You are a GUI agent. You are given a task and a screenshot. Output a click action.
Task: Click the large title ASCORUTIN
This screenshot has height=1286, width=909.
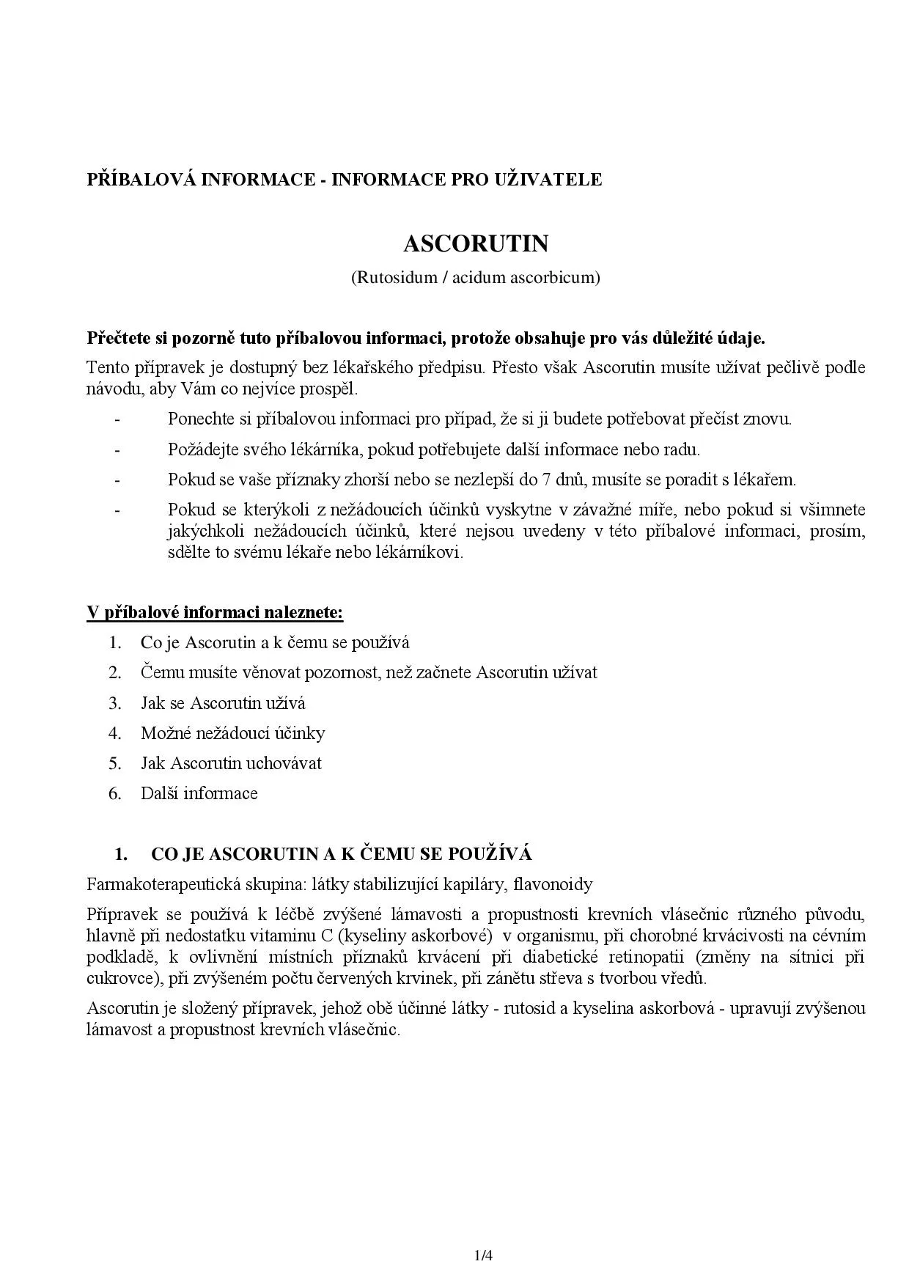pos(476,243)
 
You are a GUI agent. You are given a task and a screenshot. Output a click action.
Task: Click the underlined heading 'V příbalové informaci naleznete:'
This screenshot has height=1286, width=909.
pos(215,612)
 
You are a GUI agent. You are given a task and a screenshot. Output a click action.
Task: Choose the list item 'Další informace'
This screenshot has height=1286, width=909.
pos(199,793)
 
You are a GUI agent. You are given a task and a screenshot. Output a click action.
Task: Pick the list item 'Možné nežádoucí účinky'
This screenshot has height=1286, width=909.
pos(232,733)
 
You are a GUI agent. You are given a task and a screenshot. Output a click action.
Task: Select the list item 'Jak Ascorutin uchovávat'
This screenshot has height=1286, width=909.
pos(231,763)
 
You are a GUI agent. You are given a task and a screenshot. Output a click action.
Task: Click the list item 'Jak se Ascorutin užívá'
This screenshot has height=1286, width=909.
pos(223,703)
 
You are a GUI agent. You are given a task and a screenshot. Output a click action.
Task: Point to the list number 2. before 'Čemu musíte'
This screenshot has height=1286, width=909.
pos(115,672)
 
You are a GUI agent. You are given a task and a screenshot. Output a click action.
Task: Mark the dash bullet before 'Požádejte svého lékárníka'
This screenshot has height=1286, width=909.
pos(117,449)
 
